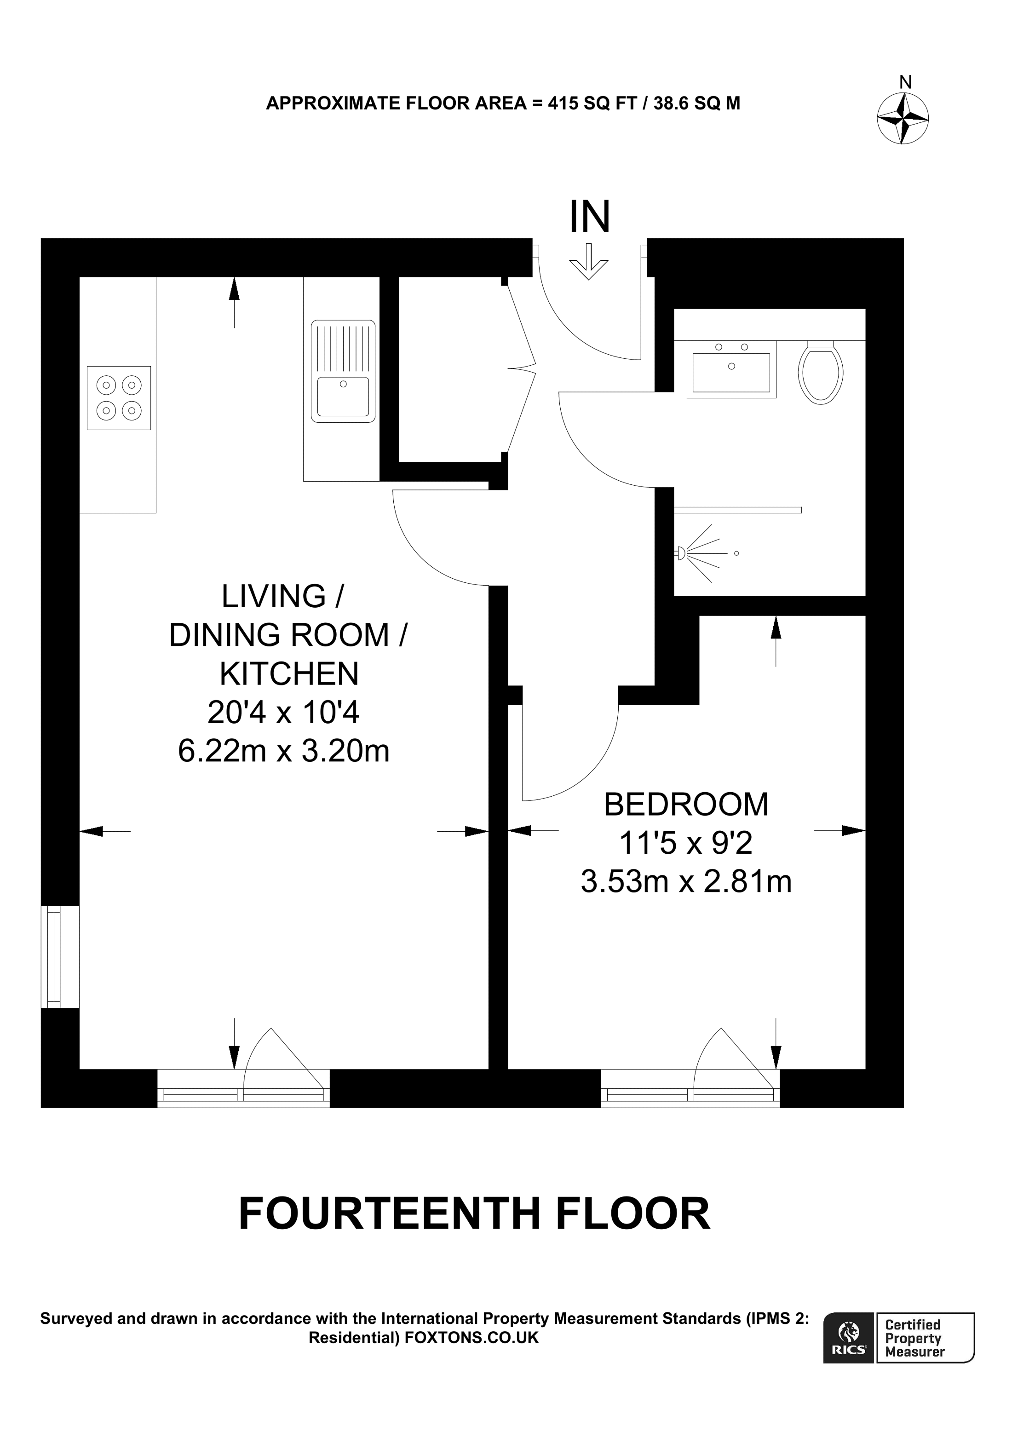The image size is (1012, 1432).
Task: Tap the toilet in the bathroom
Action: (x=821, y=372)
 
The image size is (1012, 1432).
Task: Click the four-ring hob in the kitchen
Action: (x=119, y=398)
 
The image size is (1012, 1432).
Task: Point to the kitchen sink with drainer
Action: (x=343, y=371)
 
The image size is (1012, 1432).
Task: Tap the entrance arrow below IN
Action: (x=588, y=261)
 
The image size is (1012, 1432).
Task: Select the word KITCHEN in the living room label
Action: (x=289, y=673)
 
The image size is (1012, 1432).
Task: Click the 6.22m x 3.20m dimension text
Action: (x=284, y=750)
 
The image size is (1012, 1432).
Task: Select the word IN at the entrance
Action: (x=589, y=216)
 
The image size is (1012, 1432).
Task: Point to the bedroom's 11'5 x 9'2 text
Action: (x=686, y=843)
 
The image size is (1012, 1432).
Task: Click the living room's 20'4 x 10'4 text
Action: (x=284, y=712)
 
